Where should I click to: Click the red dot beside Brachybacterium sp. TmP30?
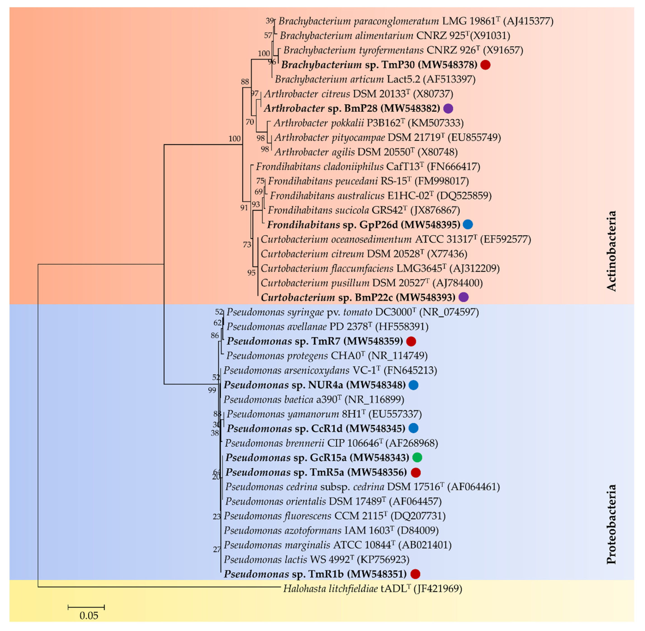tap(485, 65)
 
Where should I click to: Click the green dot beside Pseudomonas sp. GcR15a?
tap(417, 458)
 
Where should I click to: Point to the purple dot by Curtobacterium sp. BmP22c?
tap(463, 297)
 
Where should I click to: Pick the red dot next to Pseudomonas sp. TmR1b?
tap(415, 574)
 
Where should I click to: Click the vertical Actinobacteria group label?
tap(611, 251)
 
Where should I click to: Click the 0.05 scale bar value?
tap(89, 616)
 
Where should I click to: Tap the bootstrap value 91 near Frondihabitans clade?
tap(244, 208)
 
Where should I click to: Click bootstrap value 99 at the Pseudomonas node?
tap(212, 390)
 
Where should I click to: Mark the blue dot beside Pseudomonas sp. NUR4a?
tap(413, 385)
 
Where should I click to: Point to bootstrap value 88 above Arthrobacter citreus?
tap(245, 82)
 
